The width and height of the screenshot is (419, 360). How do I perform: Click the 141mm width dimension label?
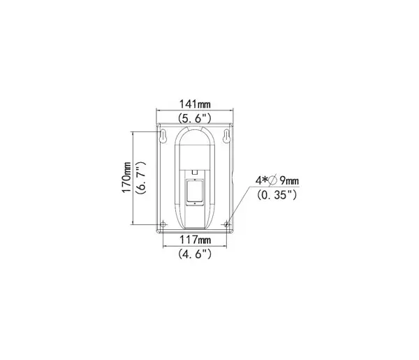[x=195, y=103]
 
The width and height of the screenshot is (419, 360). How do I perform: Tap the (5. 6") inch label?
[x=195, y=118]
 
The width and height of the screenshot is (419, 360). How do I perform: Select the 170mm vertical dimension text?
[x=126, y=177]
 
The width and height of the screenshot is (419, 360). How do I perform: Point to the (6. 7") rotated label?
[x=140, y=177]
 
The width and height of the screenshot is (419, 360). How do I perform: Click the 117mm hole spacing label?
[x=195, y=240]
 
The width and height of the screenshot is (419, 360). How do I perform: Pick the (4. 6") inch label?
[x=195, y=254]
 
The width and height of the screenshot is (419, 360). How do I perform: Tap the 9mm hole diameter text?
[x=289, y=181]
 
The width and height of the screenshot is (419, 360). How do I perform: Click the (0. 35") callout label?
[x=277, y=195]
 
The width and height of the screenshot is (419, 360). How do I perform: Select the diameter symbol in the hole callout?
[x=272, y=181]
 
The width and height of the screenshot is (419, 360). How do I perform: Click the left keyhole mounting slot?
[x=163, y=136]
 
